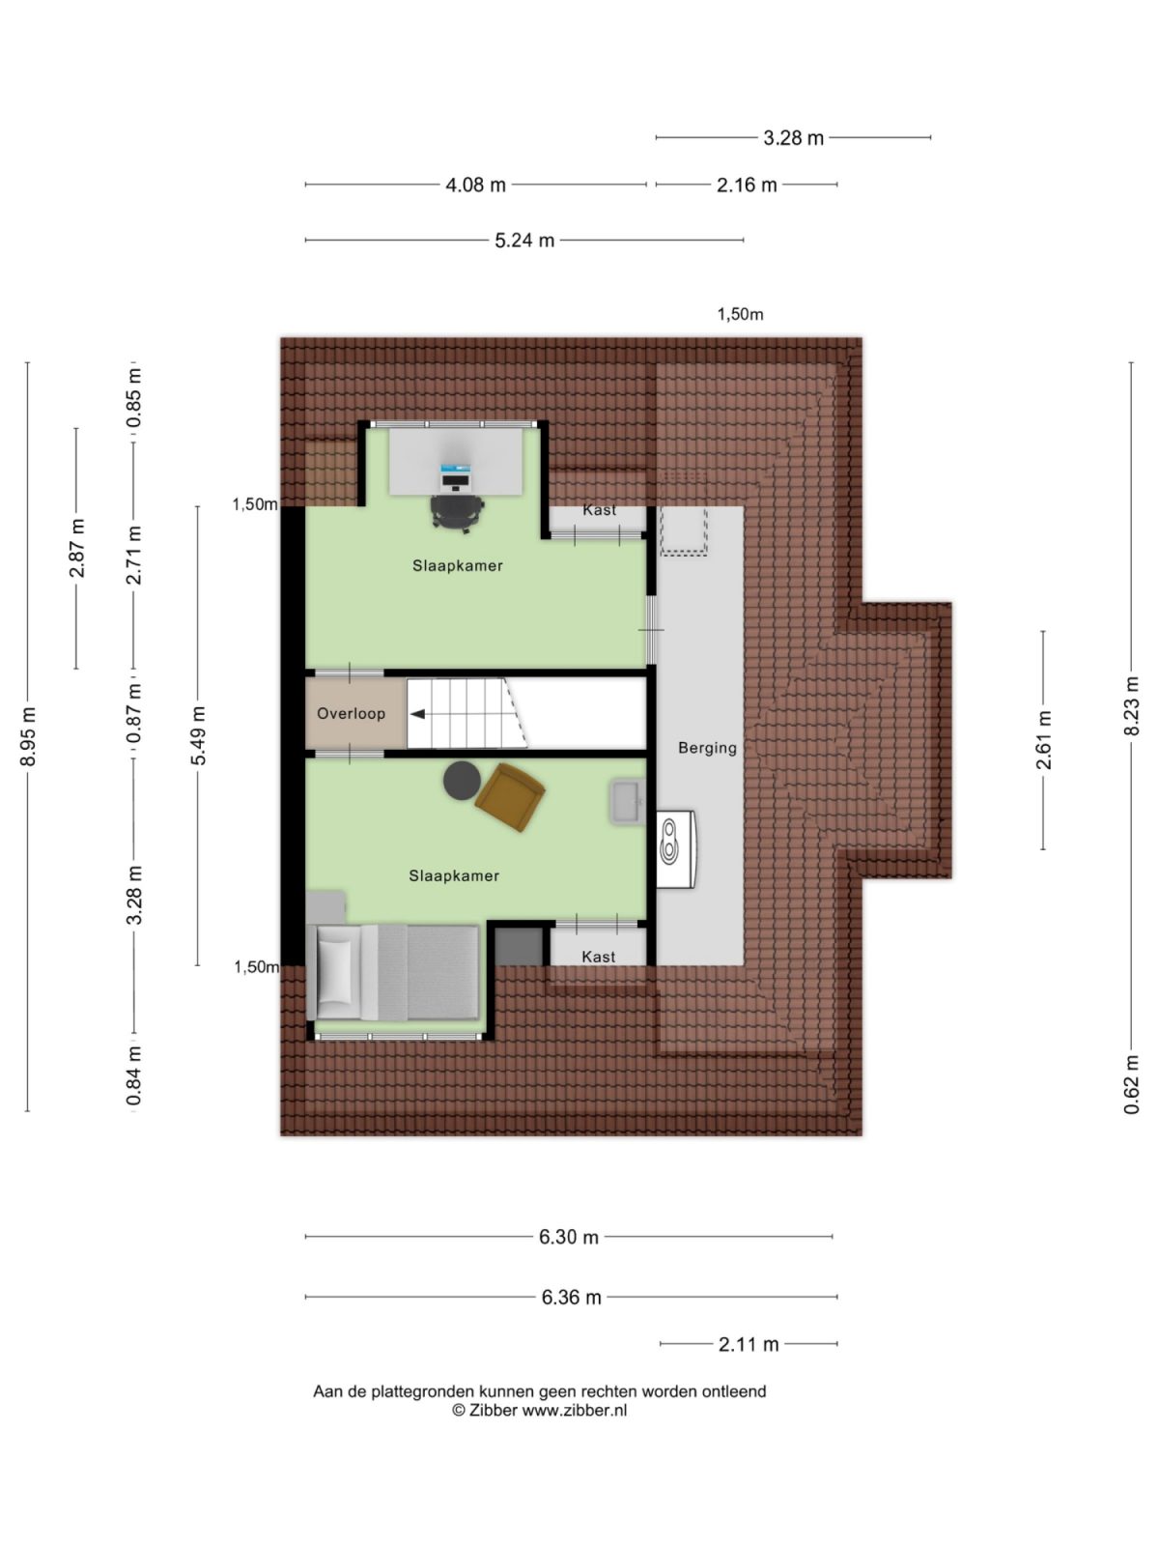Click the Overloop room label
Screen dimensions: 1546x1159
[x=351, y=714]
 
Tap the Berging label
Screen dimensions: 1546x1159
[x=707, y=748]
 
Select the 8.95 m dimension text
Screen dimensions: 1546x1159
[x=29, y=736]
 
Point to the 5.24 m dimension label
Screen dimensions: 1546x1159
[x=524, y=241]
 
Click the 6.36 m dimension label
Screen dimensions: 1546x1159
[x=571, y=1298]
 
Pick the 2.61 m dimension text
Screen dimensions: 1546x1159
[x=1044, y=740]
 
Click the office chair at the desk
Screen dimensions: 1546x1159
[x=456, y=511]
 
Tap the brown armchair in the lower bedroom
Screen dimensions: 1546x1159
[x=509, y=795]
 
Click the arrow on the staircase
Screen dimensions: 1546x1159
[x=419, y=715]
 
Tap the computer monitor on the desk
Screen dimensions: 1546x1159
[x=455, y=475]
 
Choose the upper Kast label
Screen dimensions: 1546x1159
[x=599, y=510]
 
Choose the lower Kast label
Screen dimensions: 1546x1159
[x=598, y=957]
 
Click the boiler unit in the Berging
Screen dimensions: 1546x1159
[x=675, y=848]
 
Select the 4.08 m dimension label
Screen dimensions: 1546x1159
[x=475, y=185]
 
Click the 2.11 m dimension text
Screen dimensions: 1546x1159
[x=749, y=1344]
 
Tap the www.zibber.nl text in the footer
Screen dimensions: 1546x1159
[x=575, y=1411]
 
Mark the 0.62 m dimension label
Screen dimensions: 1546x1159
[x=1132, y=1084]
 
